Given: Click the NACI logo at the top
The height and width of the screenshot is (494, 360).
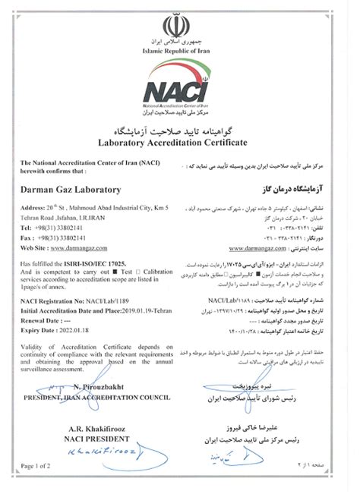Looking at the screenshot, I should [180, 85].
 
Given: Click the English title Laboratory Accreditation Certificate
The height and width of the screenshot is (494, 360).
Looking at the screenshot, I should [180, 140].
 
